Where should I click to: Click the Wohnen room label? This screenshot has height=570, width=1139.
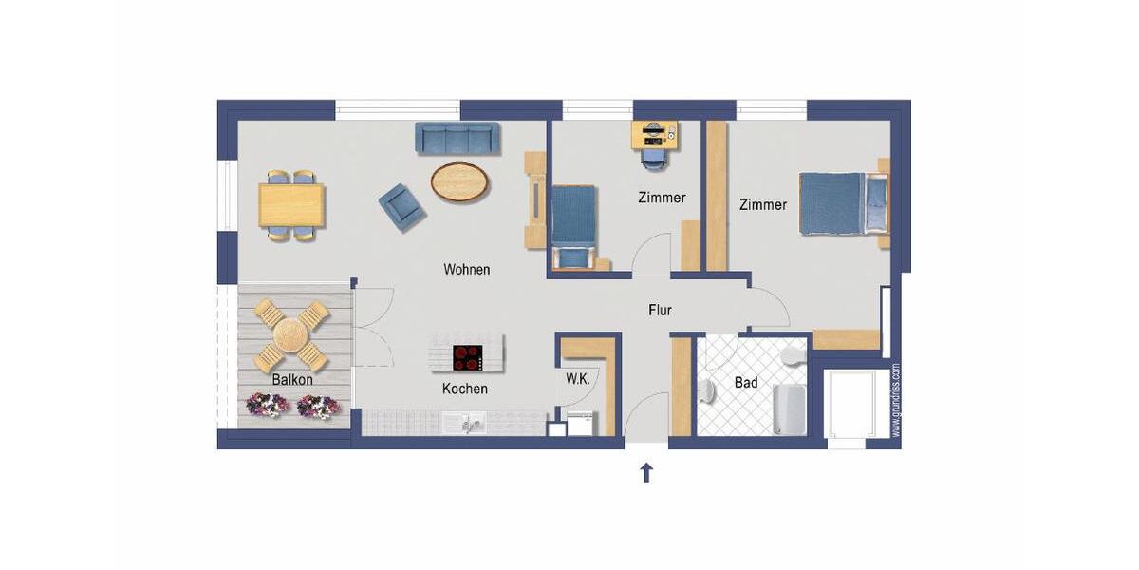click(x=467, y=270)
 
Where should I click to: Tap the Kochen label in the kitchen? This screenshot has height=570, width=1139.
click(x=465, y=389)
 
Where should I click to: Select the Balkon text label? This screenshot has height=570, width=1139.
click(x=292, y=379)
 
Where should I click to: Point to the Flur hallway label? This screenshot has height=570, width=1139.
click(x=661, y=310)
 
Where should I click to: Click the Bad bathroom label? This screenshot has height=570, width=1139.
click(x=746, y=383)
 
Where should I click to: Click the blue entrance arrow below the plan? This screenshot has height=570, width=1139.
click(x=647, y=472)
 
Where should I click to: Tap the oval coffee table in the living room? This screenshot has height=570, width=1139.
click(x=461, y=181)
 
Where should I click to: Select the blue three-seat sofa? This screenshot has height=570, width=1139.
click(x=457, y=139)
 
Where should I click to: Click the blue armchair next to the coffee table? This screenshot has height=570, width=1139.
click(x=401, y=204)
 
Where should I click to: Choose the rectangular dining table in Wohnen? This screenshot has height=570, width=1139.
click(x=291, y=205)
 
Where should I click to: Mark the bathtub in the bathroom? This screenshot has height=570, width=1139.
click(x=789, y=408)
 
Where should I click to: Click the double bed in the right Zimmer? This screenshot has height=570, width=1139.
click(x=840, y=202)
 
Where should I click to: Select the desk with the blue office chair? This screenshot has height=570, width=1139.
click(x=655, y=135)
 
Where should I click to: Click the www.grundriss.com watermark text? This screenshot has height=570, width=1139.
click(x=896, y=399)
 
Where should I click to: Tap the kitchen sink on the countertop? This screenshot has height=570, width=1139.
click(x=472, y=422)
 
